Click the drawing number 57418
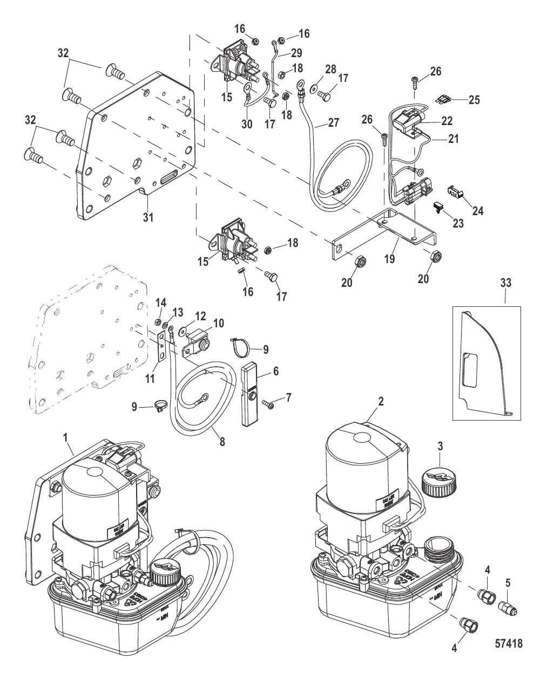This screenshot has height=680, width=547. pyautogui.click(x=508, y=643)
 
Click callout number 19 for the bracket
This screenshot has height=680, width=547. pyautogui.click(x=390, y=259)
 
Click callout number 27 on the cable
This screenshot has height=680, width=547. pyautogui.click(x=333, y=122)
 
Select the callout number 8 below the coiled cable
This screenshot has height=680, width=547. pyautogui.click(x=221, y=442)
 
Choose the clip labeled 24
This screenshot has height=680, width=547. pyautogui.click(x=457, y=193)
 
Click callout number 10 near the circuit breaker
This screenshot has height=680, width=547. pyautogui.click(x=219, y=323)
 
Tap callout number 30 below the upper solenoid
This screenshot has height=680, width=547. pyautogui.click(x=247, y=124)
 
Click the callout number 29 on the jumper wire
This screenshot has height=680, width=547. pyautogui.click(x=297, y=53)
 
